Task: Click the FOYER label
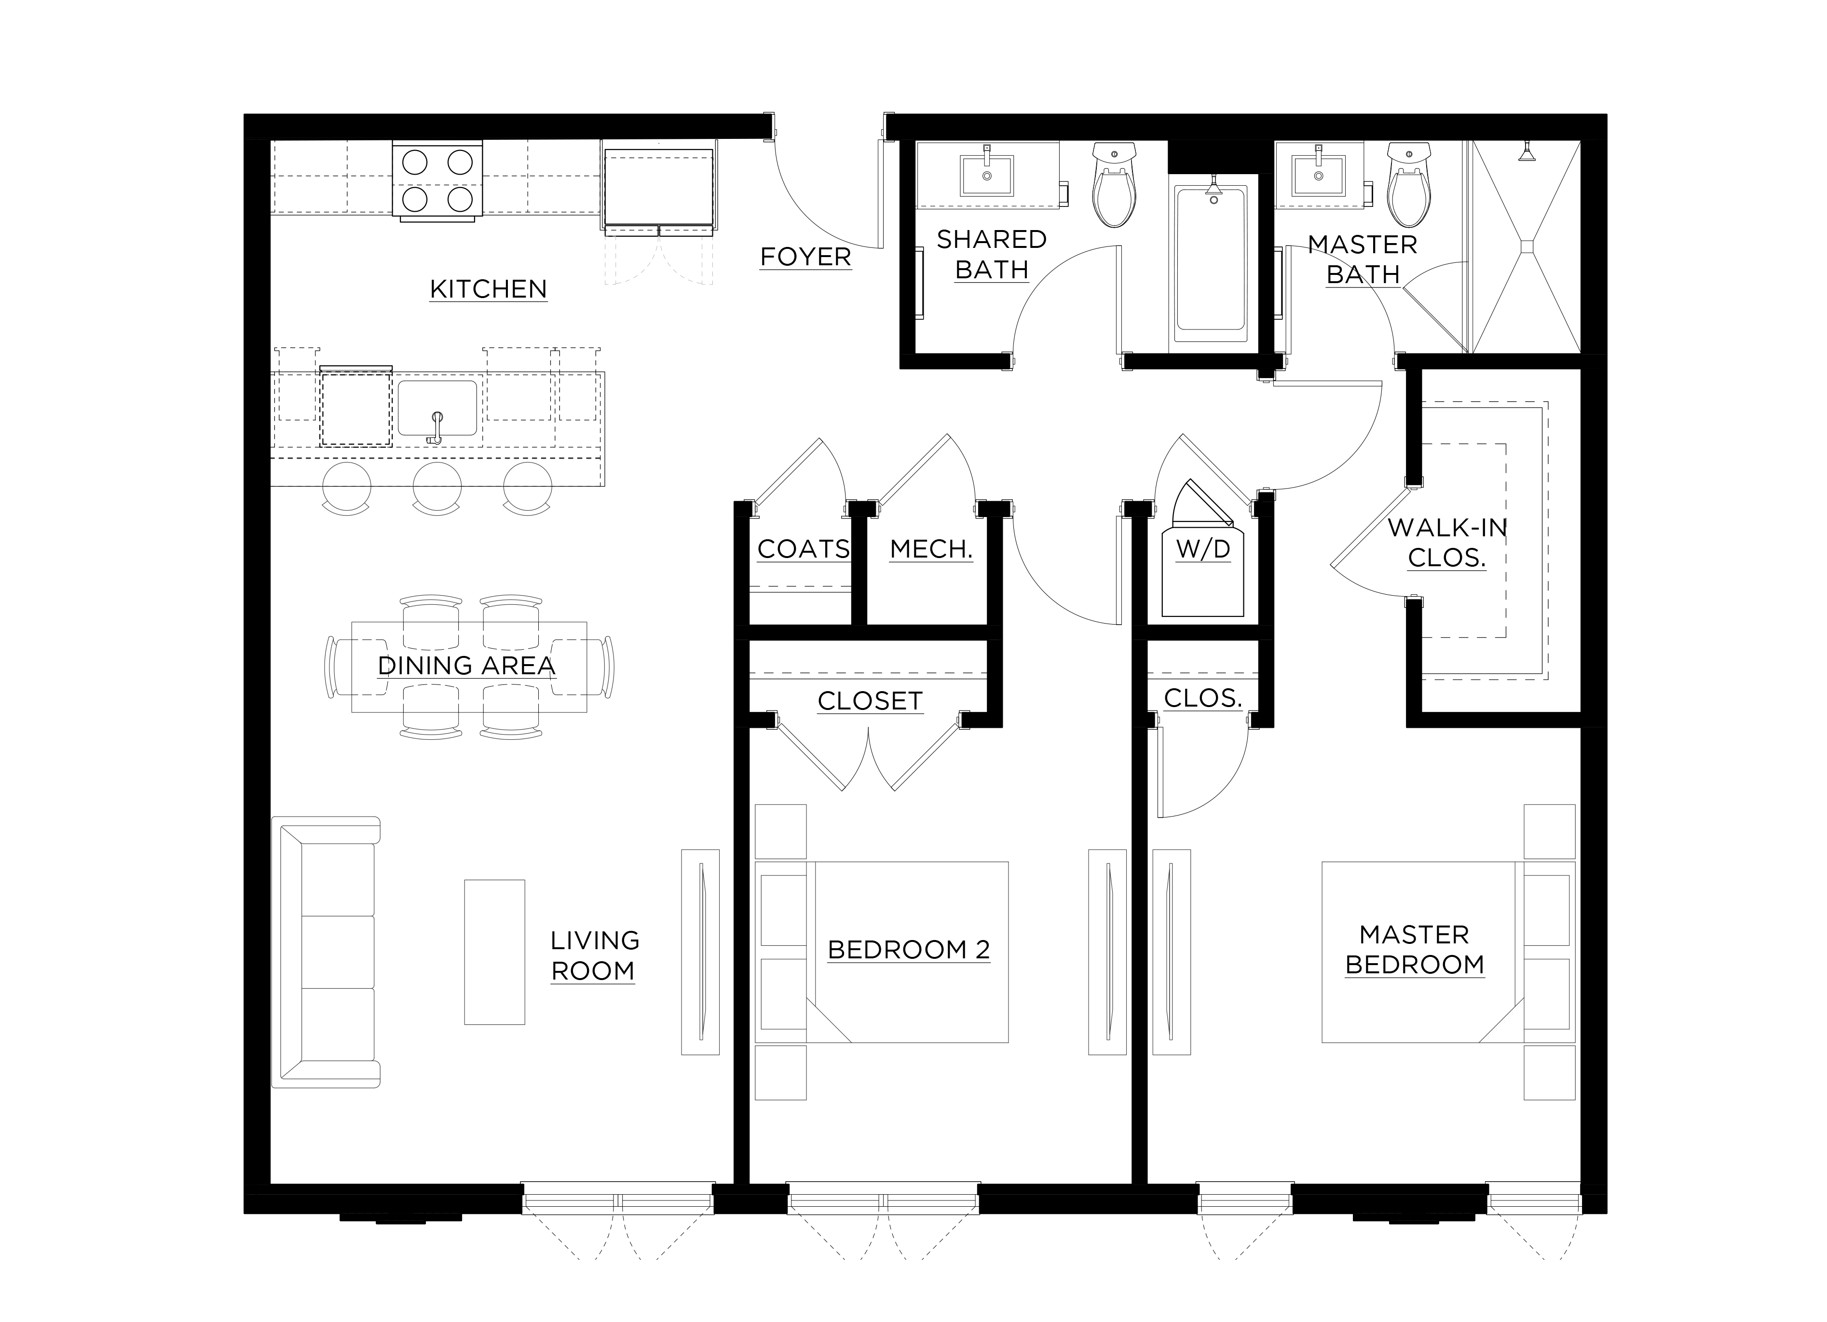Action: (x=805, y=257)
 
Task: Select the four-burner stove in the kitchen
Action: (x=437, y=179)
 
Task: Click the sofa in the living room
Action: (x=326, y=952)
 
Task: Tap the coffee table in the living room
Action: (x=494, y=952)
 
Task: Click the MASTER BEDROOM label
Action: (x=1415, y=950)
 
